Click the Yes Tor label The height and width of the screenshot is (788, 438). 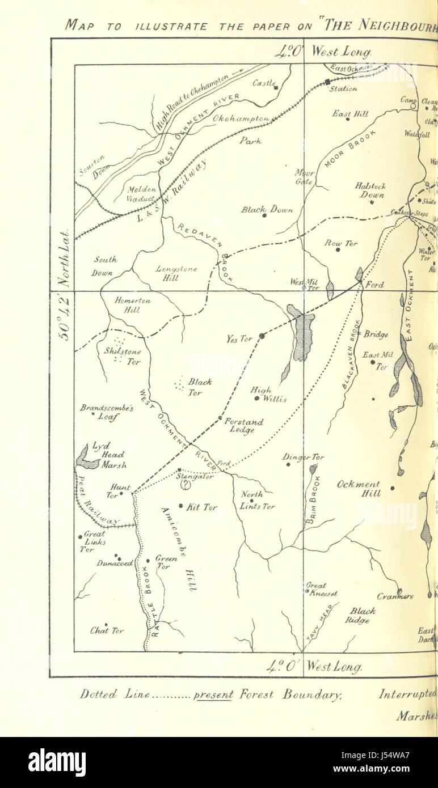[239, 339]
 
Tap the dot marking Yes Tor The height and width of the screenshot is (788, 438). [262, 336]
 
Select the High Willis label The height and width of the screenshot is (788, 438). [268, 395]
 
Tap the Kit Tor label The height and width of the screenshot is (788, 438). [202, 507]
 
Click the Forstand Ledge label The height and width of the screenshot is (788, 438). [243, 426]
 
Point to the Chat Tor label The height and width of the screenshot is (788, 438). [107, 630]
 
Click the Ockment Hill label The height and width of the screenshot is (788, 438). [359, 489]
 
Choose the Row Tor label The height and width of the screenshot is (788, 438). [341, 243]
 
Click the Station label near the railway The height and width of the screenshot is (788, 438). [343, 88]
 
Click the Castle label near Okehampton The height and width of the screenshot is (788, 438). [263, 83]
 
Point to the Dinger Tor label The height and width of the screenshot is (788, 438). [303, 457]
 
